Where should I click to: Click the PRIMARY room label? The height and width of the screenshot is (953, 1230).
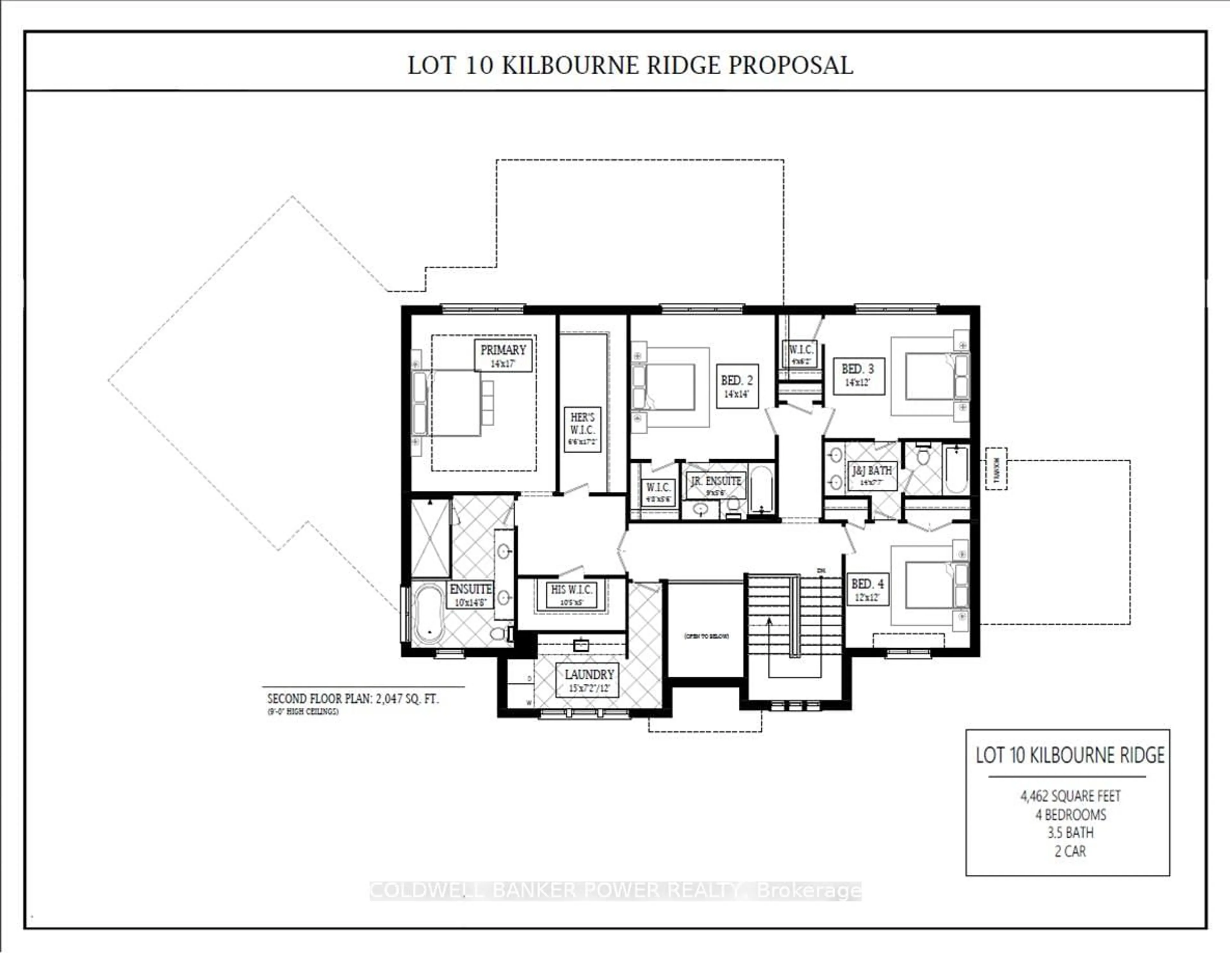click(x=503, y=355)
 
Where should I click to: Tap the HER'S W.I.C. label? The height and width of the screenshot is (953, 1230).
click(x=582, y=429)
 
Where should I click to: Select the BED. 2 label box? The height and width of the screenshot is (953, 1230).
click(x=737, y=386)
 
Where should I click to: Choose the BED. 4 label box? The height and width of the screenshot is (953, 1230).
click(x=867, y=589)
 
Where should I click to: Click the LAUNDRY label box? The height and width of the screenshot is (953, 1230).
click(x=589, y=680)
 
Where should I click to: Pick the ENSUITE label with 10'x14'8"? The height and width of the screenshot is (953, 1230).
click(x=470, y=594)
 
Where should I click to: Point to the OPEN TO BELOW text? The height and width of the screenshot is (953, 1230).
click(x=706, y=636)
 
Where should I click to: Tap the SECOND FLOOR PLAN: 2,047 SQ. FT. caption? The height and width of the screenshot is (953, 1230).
click(x=353, y=699)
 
